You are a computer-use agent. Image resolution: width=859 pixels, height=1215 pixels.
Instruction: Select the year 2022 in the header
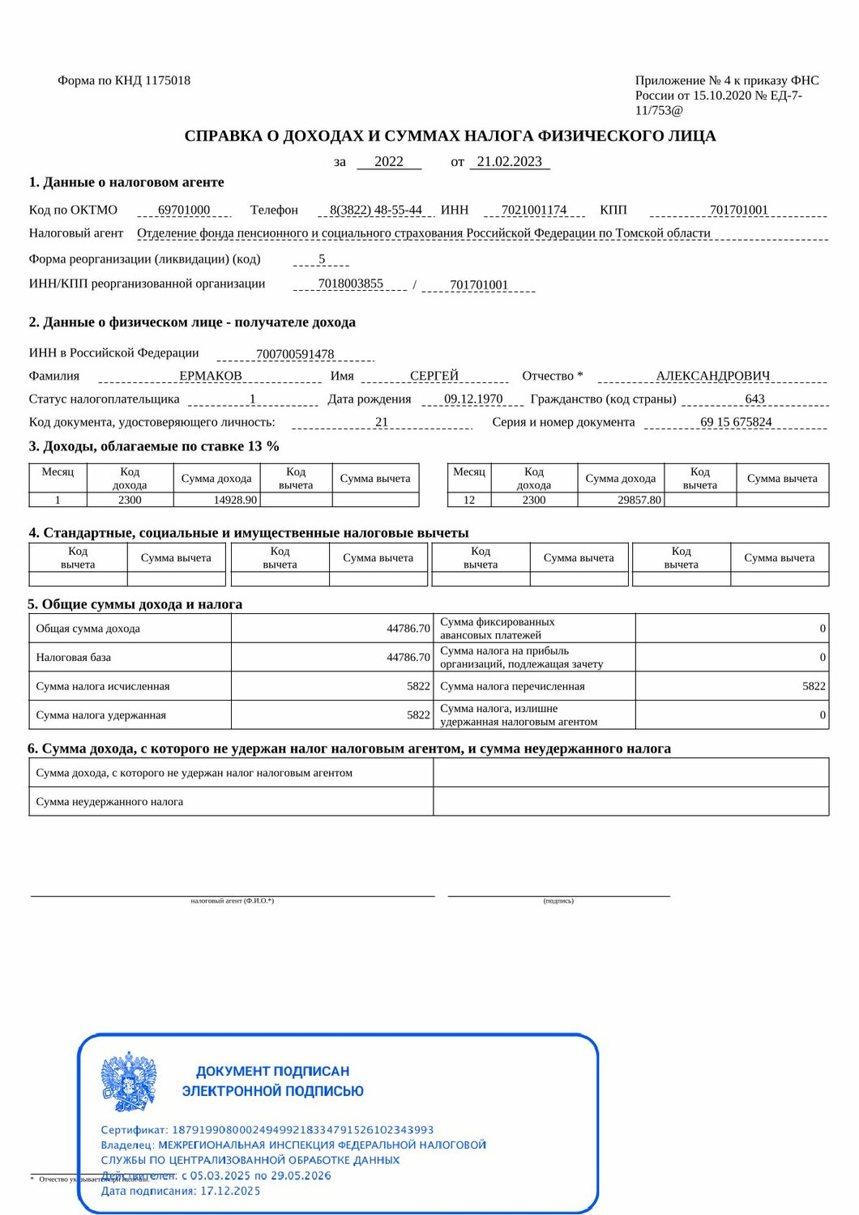coord(389,161)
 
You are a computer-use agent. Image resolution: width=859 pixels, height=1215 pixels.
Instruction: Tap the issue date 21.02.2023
coord(509,161)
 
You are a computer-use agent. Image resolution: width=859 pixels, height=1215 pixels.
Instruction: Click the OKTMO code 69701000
coord(184,210)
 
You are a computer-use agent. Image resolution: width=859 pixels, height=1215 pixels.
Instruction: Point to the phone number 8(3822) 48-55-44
coord(376,210)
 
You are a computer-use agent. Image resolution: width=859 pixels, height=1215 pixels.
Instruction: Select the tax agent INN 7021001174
coord(534,210)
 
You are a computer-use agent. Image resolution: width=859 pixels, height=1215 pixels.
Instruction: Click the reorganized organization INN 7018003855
coord(351,283)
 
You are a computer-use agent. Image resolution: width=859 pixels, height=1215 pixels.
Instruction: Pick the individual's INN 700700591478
coord(295,354)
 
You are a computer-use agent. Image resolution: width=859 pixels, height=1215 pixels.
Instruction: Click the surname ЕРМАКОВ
coord(211,376)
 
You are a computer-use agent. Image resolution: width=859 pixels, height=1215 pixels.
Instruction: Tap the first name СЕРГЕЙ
coord(434,376)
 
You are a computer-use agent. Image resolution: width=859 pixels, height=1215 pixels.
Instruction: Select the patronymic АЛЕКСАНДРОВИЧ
coord(713,376)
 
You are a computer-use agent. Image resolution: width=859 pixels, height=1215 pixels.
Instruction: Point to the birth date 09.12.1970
coord(473,399)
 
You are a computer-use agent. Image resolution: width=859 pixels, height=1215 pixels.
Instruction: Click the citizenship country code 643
coord(754,399)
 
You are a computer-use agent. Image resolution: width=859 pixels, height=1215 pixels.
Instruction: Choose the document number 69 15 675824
coord(736,422)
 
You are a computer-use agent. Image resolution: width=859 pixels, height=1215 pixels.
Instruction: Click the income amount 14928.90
coord(235,500)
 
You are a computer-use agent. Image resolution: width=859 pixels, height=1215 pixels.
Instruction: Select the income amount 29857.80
coord(639,500)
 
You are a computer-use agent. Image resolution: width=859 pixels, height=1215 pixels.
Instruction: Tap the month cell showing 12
coord(469,500)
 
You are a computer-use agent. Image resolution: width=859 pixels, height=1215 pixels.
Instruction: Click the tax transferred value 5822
coord(814,686)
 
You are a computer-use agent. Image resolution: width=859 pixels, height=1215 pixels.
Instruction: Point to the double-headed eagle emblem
coord(128,1081)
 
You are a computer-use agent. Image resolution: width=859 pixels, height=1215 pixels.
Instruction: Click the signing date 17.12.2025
coord(230,1191)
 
